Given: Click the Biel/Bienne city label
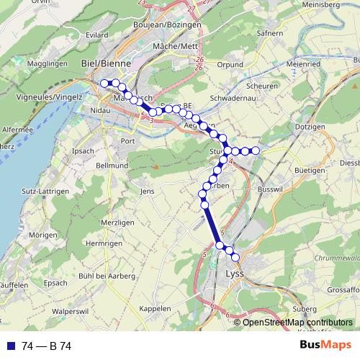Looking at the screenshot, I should pyautogui.click(x=107, y=63).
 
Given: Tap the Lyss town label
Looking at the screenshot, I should pyautogui.click(x=235, y=274).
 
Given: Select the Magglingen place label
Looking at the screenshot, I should pyautogui.click(x=49, y=64).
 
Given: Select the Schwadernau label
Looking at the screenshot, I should pyautogui.click(x=230, y=97).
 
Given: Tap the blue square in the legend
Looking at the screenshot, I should pyautogui.click(x=10, y=346).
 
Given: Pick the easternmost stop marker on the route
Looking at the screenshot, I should pyautogui.click(x=255, y=150).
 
